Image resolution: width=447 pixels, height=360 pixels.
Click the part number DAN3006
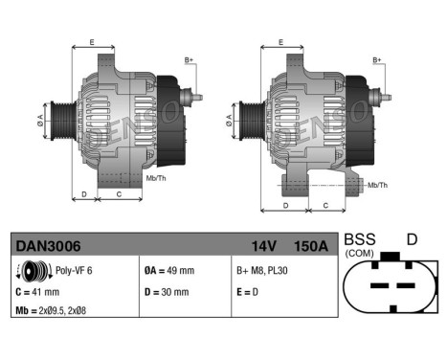tap(41, 247)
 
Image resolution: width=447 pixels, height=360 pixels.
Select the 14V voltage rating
tap(264, 247)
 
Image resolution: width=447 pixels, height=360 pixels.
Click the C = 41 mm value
tap(37, 292)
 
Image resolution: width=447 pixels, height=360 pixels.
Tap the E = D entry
tap(246, 292)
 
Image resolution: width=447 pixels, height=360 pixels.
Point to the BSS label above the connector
tap(360, 239)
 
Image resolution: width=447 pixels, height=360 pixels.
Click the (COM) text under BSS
tap(360, 253)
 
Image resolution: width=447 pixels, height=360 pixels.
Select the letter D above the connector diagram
tap(412, 239)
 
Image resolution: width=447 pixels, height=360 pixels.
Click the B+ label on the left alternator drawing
tap(190, 60)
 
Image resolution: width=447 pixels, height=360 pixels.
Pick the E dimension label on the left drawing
tap(92, 43)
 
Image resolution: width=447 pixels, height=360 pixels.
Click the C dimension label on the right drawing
tap(326, 205)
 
